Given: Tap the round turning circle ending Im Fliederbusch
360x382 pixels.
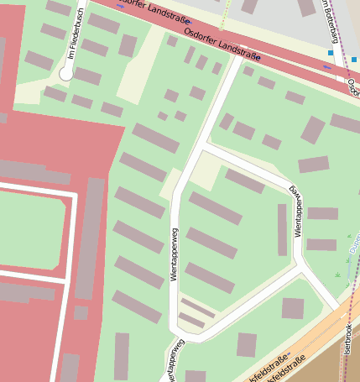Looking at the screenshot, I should (66, 74).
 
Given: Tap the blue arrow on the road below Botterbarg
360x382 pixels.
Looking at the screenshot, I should (327, 65).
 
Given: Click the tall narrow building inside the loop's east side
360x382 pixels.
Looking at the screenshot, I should (282, 229).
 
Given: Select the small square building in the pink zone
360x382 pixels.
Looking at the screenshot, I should (81, 312).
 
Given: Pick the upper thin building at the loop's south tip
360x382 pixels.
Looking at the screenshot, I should (198, 308).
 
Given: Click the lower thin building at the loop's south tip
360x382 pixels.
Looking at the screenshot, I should (191, 320).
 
